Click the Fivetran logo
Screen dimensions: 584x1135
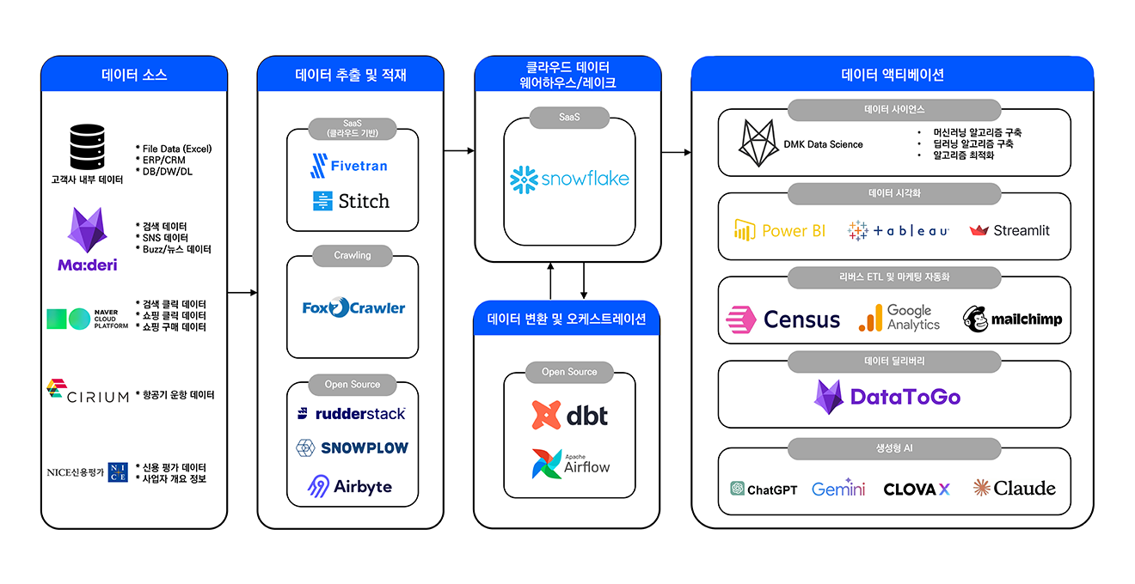[x=348, y=165]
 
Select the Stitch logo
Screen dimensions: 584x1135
[x=351, y=202]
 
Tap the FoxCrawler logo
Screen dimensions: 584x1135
[x=353, y=307]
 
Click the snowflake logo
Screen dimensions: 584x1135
[x=569, y=179]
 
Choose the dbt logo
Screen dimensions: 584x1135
[x=569, y=415]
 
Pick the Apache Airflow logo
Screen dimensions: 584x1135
[x=570, y=464]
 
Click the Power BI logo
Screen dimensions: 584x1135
[x=780, y=230]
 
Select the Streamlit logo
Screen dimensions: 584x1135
[x=1009, y=230]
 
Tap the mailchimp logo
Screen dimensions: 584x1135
[x=1013, y=319]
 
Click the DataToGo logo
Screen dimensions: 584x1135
[x=887, y=397]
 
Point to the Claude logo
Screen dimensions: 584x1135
[x=1014, y=489]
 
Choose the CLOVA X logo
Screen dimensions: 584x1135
[x=917, y=489]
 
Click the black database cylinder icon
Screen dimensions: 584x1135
[x=86, y=147]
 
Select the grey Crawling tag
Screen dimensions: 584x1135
[x=353, y=255]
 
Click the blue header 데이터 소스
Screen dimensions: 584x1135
[x=134, y=75]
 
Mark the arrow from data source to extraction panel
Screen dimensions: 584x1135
[x=242, y=293]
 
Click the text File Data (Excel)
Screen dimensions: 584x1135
[x=176, y=149]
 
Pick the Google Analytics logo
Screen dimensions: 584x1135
[x=899, y=318]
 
